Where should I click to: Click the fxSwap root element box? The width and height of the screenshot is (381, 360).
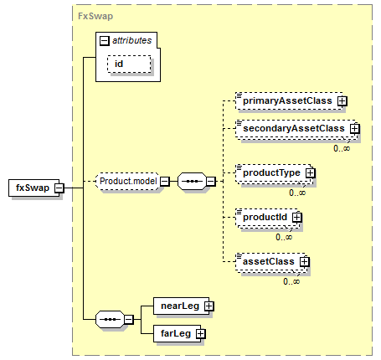33,188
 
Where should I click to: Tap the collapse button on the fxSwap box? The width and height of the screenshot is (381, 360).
59,188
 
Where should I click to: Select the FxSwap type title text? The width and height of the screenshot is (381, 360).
95,16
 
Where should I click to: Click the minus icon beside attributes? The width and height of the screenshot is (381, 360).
104,41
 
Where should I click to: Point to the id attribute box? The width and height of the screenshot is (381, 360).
129,64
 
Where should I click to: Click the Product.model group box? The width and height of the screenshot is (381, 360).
127,181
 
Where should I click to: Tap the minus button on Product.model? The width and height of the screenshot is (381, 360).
165,182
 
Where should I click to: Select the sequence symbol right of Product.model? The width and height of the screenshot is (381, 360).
192,181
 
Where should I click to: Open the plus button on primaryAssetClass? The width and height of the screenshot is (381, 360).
342,101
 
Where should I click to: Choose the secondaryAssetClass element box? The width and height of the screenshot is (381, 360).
296,129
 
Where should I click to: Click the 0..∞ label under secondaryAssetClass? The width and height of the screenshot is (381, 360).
342,148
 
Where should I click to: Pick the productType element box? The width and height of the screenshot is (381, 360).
273,173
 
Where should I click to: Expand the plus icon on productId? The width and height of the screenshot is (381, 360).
297,218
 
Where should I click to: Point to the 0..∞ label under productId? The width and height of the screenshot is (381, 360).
284,237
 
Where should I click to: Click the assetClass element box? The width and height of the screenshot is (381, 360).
270,262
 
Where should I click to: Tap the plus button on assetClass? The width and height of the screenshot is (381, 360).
304,262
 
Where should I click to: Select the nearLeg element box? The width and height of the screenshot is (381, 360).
181,306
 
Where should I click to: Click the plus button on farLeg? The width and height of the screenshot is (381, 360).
200,334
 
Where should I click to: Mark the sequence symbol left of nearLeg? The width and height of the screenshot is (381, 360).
110,319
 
